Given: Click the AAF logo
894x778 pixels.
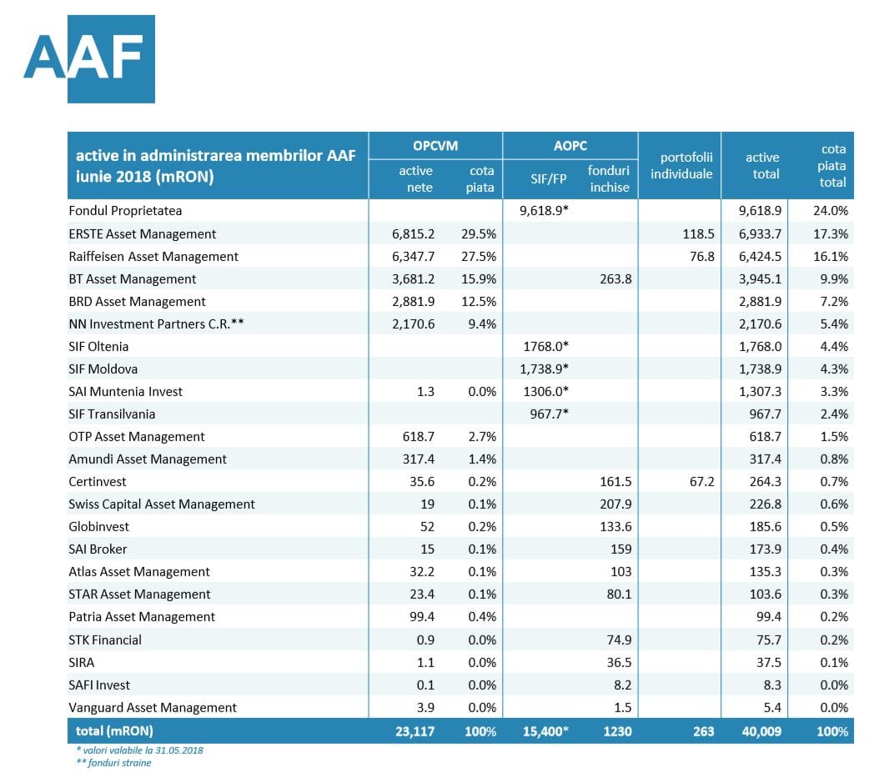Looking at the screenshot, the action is click(89, 58).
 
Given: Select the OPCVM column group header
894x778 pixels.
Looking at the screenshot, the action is click(435, 146).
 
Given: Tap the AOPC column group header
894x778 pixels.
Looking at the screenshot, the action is click(570, 146).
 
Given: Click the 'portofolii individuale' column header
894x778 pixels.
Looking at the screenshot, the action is click(682, 166).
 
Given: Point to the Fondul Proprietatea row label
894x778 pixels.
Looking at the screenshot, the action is click(125, 211).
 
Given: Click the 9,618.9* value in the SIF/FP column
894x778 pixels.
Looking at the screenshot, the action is click(544, 210).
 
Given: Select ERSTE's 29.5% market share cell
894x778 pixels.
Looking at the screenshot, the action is click(479, 233).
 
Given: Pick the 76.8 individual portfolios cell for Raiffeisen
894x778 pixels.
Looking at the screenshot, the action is click(702, 257).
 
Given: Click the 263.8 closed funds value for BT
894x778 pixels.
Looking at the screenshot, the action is click(615, 279).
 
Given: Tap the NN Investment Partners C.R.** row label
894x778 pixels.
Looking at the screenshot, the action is click(156, 324).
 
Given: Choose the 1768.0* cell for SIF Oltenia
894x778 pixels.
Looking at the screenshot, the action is click(546, 347).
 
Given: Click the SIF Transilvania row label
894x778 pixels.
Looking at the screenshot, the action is click(112, 414).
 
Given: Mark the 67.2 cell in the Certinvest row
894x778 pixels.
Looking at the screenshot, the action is click(702, 482).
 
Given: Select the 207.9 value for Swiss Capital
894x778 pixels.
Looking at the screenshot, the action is click(615, 504).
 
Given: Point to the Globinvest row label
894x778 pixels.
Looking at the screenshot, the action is click(98, 527).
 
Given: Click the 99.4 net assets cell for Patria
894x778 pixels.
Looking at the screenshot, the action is click(422, 617).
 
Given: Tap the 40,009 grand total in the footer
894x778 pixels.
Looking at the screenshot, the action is click(761, 731).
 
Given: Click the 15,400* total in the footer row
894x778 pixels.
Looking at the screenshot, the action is click(545, 731).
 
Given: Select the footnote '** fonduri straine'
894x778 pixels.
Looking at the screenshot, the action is click(114, 763).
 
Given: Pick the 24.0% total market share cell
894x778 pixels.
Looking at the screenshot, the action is click(831, 210).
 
